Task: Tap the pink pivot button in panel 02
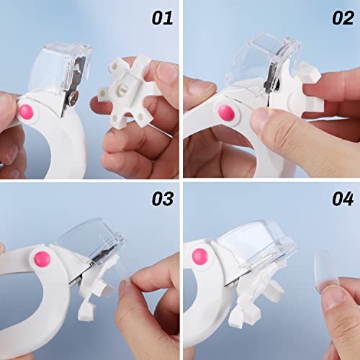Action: coord(225,112)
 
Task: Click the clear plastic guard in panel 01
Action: coord(68,58)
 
